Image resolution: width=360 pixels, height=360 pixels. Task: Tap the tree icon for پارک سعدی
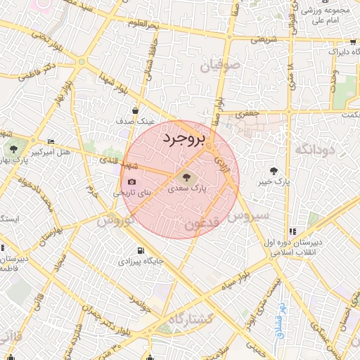[x=186, y=178]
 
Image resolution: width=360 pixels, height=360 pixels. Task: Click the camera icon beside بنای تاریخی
[x=131, y=182]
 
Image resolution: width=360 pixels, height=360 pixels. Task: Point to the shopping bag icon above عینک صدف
[x=135, y=110]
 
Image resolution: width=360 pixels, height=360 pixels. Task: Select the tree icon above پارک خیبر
[x=274, y=171]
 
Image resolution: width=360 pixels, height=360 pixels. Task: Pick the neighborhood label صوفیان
[x=222, y=65]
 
